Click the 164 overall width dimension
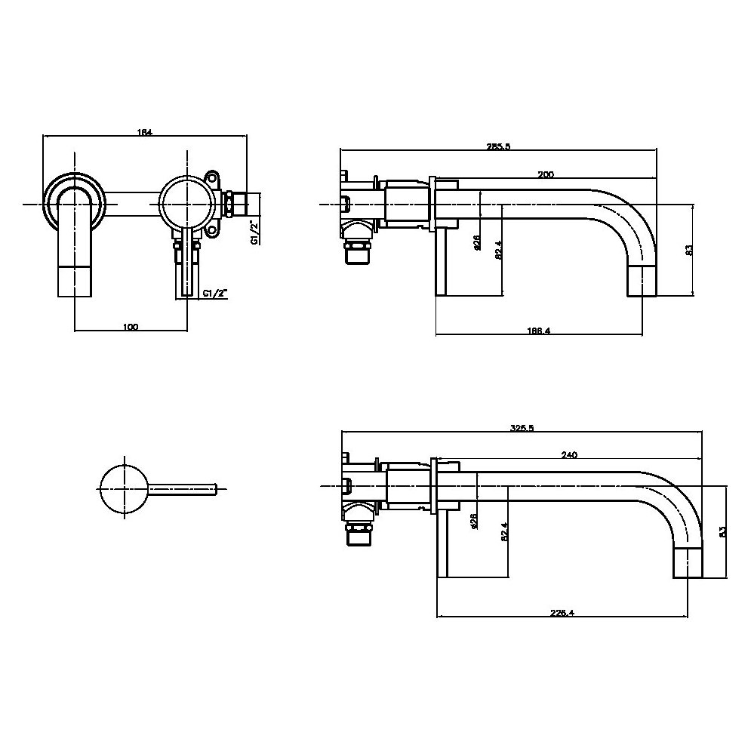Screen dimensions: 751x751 coord(144,133)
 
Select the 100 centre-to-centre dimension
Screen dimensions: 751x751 coord(130,327)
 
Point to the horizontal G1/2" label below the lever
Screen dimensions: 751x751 coord(215,294)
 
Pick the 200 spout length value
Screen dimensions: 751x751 coord(545,174)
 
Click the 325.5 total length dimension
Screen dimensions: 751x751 coord(522,428)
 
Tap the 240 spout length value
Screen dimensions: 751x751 coord(569,455)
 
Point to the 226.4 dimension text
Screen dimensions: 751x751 coord(563,613)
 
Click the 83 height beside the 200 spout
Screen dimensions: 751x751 coord(688,248)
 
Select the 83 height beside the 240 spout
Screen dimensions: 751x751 coord(722,531)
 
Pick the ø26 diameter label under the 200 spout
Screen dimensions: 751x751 coord(477,242)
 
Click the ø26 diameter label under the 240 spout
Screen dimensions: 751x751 coord(473,522)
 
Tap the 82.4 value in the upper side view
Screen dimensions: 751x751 coord(498,250)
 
